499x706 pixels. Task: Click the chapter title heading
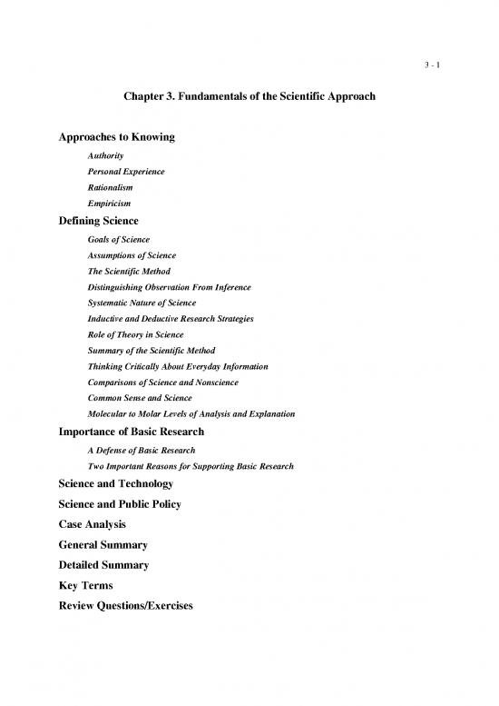(249, 97)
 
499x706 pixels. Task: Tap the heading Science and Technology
(115, 484)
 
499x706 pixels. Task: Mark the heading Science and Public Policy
(120, 504)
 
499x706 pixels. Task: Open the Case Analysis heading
(92, 525)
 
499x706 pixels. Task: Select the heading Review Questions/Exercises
(126, 606)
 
